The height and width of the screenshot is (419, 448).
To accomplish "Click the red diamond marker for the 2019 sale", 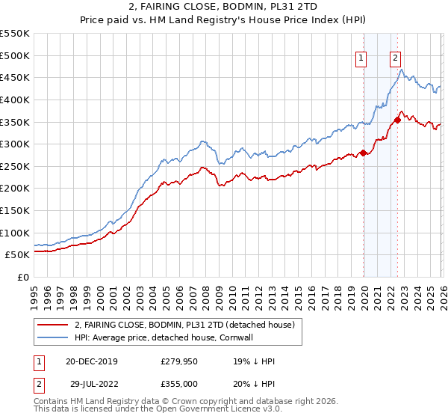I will tap(364, 153).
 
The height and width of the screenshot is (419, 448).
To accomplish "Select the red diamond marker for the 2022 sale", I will tap(398, 120).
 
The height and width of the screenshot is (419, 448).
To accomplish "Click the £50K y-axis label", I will tap(18, 254).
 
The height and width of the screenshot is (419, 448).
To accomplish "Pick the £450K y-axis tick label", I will tap(15, 77).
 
